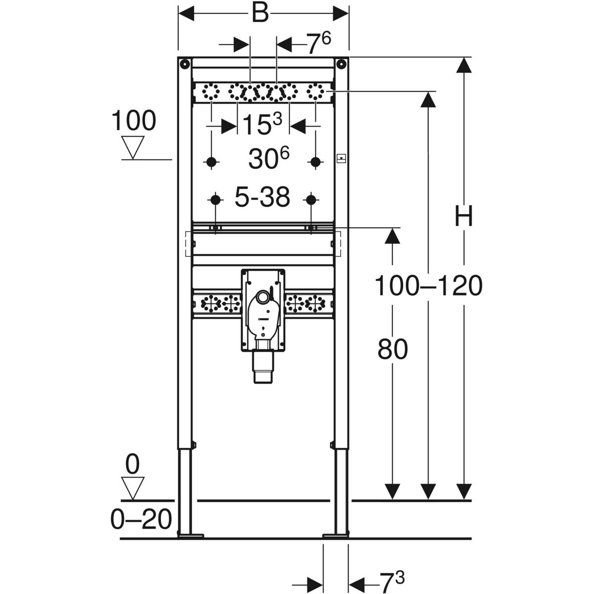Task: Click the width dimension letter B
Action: pos(259,13)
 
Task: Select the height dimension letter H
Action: pos(464,217)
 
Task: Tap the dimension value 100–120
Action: pos(428,286)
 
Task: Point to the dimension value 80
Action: pos(393,349)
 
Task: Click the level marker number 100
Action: pos(134,121)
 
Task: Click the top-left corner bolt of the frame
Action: pos(184,64)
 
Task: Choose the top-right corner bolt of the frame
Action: pos(342,64)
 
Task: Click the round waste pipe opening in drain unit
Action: pos(263,297)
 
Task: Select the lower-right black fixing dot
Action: pos(311,199)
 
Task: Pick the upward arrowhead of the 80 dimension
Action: pos(393,236)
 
